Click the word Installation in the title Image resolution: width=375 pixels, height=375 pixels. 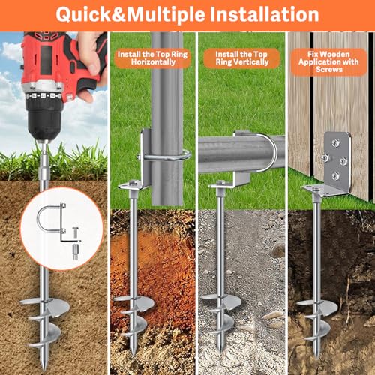pos(252,14)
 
